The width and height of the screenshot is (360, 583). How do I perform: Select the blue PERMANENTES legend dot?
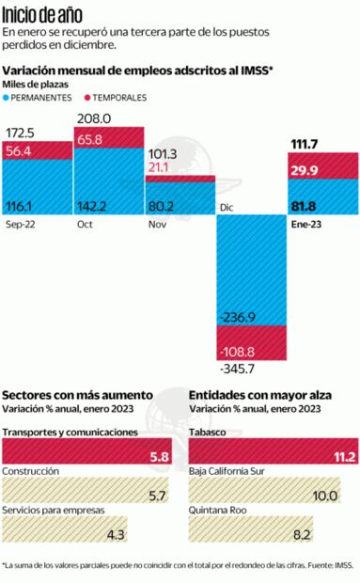8,98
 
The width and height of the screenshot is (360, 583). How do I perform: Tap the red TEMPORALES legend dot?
90,98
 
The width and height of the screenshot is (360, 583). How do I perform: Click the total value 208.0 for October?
93,118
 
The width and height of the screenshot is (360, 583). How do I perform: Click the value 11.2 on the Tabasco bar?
343,457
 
